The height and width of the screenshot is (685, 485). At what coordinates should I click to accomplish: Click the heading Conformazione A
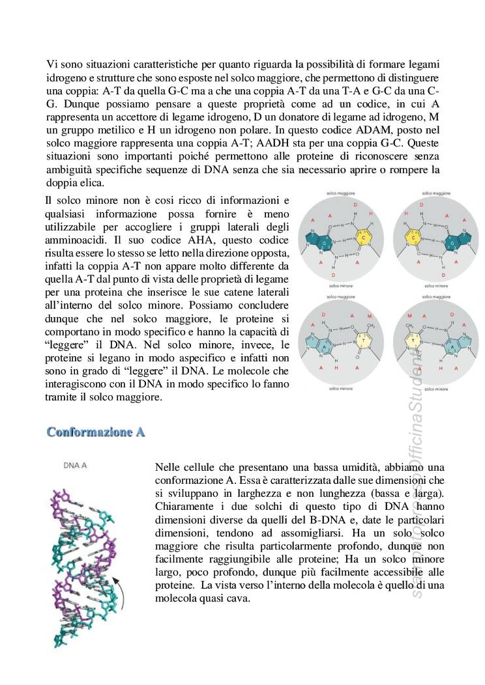tap(96, 432)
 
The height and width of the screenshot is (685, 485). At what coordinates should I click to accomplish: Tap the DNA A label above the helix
tap(76, 466)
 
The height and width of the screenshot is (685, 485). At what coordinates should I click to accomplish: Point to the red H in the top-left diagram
tap(371, 214)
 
